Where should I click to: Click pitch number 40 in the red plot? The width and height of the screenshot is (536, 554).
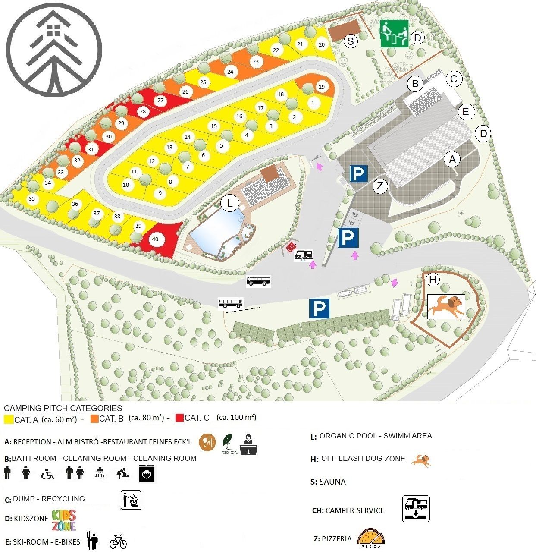[155, 239]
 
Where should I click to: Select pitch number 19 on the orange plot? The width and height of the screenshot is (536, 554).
[321, 87]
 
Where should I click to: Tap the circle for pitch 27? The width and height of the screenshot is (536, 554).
[160, 101]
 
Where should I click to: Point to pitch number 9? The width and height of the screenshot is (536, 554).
[160, 193]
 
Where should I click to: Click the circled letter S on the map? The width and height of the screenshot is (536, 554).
[351, 41]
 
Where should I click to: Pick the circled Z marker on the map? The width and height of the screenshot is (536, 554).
[380, 186]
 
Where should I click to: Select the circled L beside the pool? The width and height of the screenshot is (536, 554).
[230, 203]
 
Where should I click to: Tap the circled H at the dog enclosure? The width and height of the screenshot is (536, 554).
[433, 280]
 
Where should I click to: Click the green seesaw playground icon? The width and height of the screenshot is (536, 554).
[394, 33]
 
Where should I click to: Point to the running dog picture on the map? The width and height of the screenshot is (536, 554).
[446, 306]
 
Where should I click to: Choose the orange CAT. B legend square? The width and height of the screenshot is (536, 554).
[94, 419]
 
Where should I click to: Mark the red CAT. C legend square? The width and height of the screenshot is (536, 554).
[179, 418]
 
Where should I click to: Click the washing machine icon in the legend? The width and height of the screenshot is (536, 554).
[146, 473]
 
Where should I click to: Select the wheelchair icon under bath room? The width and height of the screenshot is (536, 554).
[47, 474]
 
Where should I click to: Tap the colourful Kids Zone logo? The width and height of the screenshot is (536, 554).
[64, 520]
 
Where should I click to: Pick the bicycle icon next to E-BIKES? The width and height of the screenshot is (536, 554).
[118, 541]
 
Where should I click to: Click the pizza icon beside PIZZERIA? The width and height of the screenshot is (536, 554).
[371, 538]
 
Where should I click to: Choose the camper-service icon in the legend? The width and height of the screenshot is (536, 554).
[416, 509]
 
